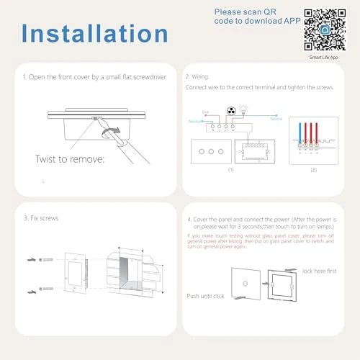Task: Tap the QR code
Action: [327, 28]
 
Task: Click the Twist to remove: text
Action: [69, 158]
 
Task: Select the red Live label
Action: [206, 112]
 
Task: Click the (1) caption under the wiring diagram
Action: [231, 171]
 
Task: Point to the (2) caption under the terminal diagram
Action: [312, 171]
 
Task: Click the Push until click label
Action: [207, 295]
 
